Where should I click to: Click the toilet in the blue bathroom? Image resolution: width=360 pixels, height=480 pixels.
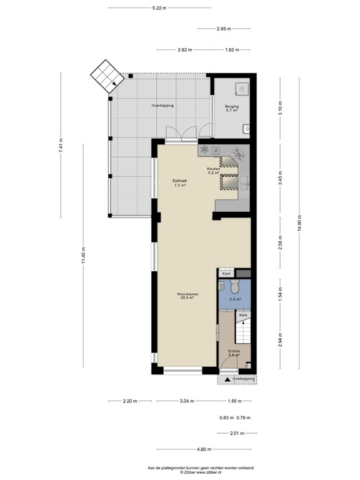pos(234,288)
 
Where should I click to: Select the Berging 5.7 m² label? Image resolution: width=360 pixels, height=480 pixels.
pos(232,109)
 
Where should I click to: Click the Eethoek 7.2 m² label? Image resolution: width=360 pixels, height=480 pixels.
pos(180,183)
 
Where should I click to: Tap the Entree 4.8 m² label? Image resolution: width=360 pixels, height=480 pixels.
pos(234,353)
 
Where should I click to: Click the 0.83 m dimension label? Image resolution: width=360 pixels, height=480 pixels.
pos(226,418)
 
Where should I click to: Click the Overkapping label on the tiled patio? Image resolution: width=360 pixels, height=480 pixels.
pos(162,106)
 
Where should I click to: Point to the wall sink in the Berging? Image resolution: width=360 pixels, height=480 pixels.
pos(247,129)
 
